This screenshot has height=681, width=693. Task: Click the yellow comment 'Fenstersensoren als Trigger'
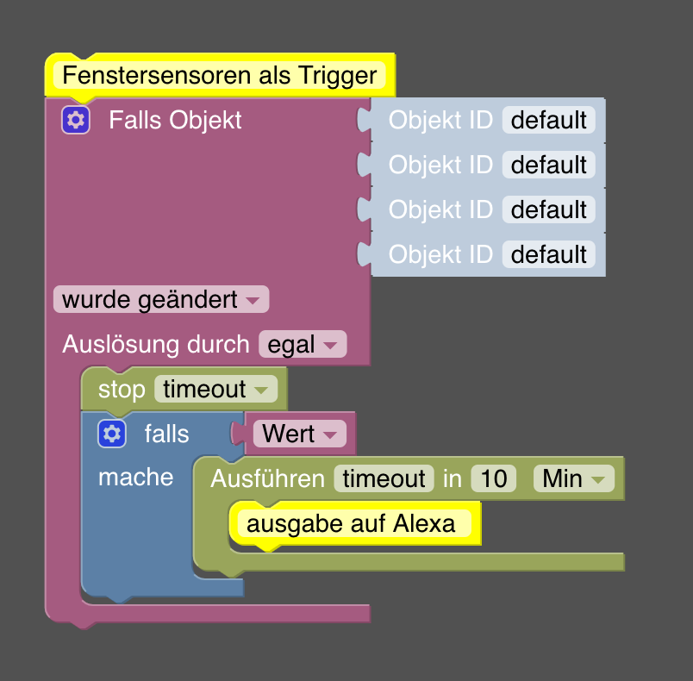coord(220,75)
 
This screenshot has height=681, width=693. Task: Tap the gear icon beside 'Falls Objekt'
coord(76,120)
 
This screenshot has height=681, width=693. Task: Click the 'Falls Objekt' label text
coord(175,120)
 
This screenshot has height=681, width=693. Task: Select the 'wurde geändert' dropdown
coord(161,300)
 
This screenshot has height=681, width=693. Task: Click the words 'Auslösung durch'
coord(156,345)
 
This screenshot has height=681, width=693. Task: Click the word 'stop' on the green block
coord(122,390)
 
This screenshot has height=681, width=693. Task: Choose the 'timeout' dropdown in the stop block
coord(215,390)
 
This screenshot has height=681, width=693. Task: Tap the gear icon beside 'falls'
coord(112,434)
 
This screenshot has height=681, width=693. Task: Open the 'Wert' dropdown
coord(299,434)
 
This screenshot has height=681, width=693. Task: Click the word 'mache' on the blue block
coord(135,478)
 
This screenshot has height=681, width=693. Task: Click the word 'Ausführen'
coord(267,478)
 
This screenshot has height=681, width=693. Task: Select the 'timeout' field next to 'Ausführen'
coord(383,478)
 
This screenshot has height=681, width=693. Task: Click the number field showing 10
coord(493,478)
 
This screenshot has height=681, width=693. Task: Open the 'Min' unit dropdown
coord(573,478)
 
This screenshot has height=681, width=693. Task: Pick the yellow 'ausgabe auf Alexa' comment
coord(351,523)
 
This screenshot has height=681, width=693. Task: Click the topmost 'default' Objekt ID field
coord(548,120)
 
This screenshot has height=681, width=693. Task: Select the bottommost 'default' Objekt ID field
coord(548,254)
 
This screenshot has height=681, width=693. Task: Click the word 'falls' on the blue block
coord(166,434)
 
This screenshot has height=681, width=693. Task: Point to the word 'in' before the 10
coord(453,478)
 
